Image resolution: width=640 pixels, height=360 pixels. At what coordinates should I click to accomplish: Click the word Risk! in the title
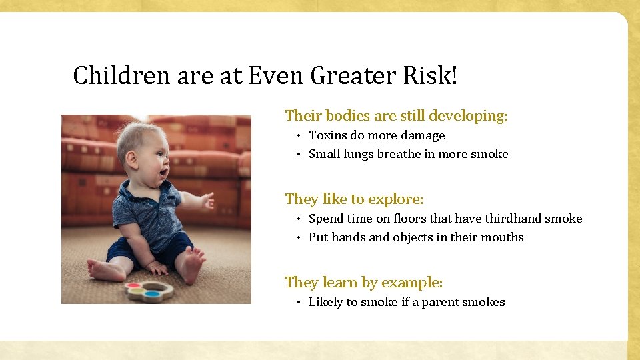431,76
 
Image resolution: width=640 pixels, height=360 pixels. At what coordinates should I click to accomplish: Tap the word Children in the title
121,76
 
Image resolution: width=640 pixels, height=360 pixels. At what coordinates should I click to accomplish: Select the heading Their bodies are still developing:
396,116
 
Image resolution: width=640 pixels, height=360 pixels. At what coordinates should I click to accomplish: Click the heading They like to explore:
354,199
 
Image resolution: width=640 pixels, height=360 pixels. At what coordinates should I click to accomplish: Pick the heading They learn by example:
363,283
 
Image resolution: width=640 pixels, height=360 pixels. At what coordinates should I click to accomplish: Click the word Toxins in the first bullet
327,135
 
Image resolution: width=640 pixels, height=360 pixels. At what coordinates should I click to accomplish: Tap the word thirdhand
513,219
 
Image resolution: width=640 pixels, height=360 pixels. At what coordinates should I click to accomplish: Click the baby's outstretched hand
207,201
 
